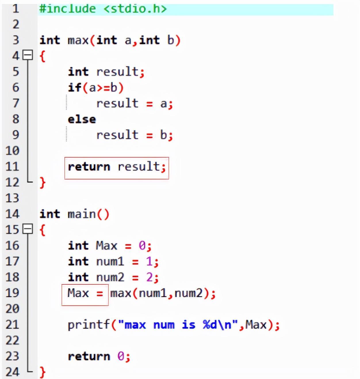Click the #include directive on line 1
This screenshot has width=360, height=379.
tap(67, 9)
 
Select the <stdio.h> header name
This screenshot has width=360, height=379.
tap(135, 9)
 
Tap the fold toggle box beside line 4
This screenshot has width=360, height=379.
tap(28, 55)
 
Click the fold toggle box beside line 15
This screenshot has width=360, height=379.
tap(28, 229)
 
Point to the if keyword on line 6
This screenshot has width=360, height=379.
tap(74, 87)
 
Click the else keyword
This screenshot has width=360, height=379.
tap(82, 119)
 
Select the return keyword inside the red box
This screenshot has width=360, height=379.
tap(89, 166)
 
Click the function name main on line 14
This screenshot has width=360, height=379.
tap(82, 214)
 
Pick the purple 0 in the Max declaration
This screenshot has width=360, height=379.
tap(142, 246)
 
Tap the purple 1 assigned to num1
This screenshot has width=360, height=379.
tap(149, 261)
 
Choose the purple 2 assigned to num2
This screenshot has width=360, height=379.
tap(150, 277)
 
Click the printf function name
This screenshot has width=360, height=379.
tap(89, 325)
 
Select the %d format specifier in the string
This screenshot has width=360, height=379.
tap(210, 325)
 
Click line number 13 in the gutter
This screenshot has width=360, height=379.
tap(12, 198)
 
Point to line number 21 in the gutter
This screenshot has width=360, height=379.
tap(12, 325)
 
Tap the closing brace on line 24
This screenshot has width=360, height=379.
tap(43, 372)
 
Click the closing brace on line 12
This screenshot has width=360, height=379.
tap(43, 182)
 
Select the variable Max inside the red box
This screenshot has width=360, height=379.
tap(78, 293)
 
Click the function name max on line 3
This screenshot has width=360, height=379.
tap(78, 40)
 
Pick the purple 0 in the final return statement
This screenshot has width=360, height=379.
tap(121, 356)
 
